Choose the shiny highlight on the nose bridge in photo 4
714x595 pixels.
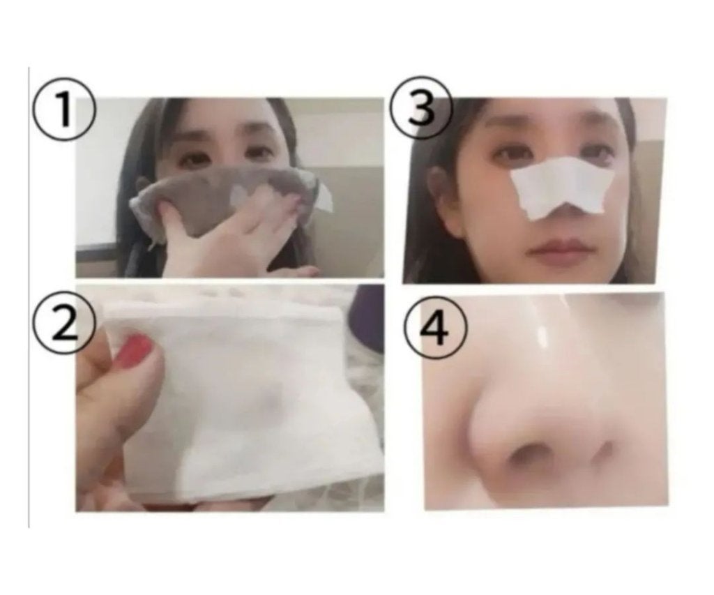(542, 340)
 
